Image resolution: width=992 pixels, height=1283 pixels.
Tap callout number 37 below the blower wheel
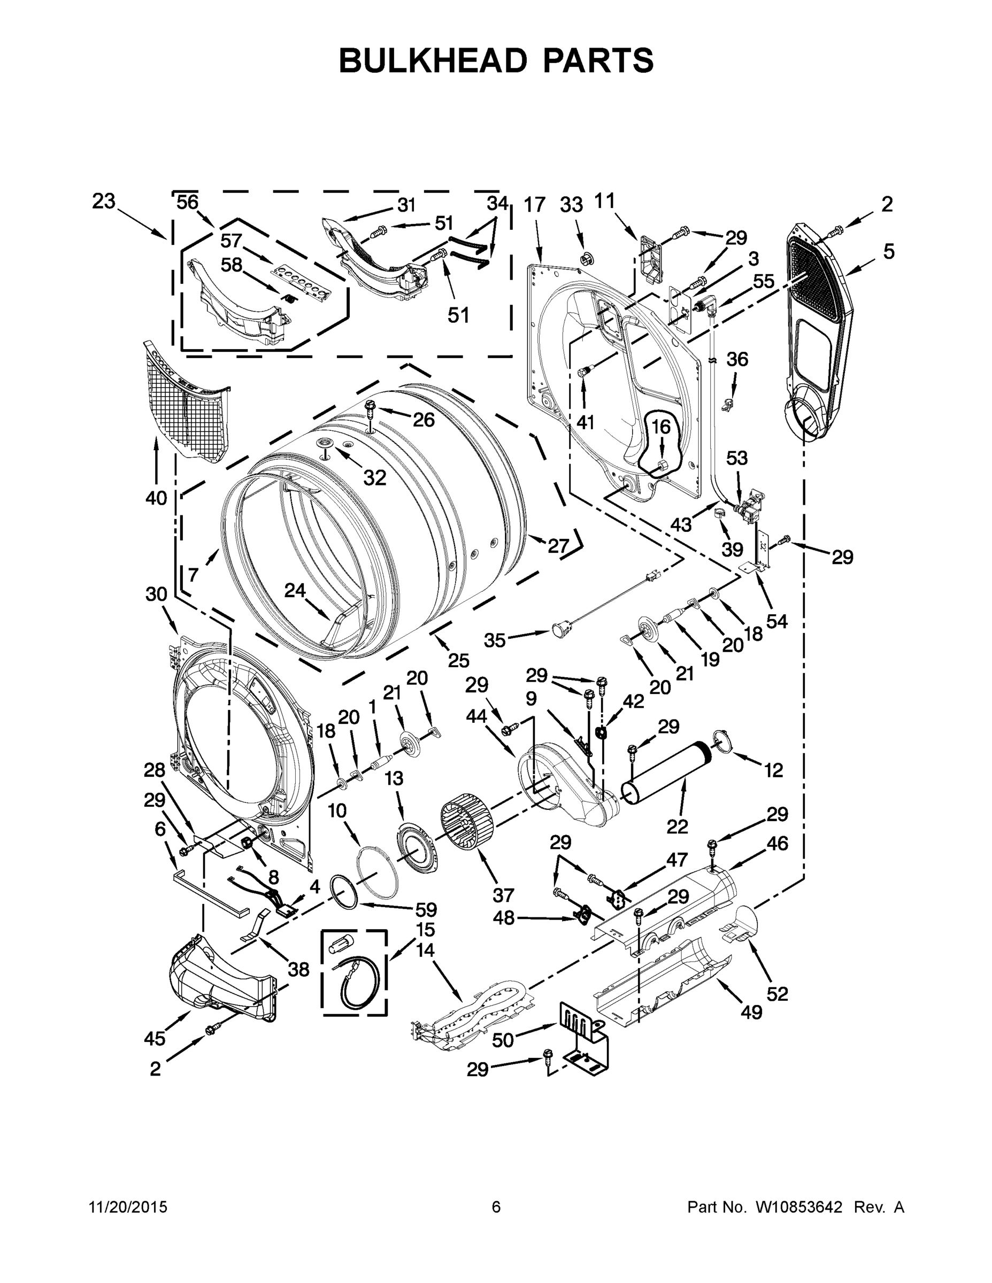[504, 895]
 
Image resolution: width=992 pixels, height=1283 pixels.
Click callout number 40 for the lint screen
[156, 498]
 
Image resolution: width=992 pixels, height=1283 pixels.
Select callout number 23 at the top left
[103, 202]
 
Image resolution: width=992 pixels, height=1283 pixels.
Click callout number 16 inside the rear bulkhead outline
[660, 427]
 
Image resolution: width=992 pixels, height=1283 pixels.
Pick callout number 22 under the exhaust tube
[677, 827]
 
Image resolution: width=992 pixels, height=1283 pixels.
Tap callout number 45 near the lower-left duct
[155, 1039]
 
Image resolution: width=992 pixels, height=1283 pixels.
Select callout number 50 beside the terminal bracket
[503, 1040]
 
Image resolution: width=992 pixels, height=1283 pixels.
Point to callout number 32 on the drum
[374, 478]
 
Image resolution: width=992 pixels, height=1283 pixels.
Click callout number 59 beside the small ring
[426, 910]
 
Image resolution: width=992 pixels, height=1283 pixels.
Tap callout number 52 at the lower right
[777, 994]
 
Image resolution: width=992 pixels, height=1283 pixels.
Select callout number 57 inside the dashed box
[231, 242]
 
